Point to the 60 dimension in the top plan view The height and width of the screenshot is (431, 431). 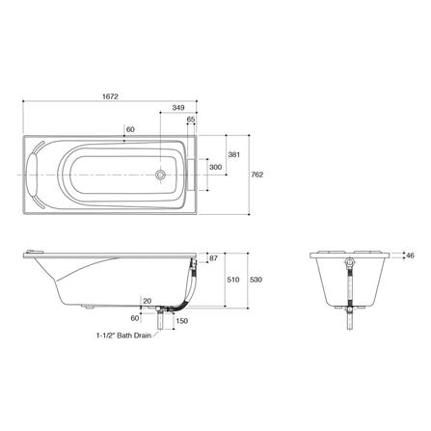pos(130,128)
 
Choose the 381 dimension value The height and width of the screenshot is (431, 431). pos(232,154)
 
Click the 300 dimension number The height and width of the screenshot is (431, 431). pos(216,167)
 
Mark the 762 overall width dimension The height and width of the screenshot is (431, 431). pos(256,175)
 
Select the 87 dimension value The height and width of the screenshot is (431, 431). pos(213,258)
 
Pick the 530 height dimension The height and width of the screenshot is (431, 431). pos(256,280)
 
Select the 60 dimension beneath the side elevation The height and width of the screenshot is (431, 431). pos(134,316)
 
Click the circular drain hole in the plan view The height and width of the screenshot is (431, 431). pos(162,175)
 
